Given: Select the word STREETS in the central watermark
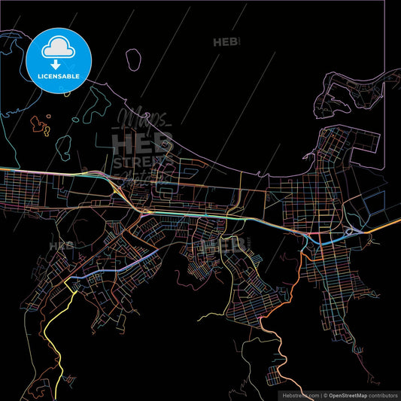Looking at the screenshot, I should pos(143,161).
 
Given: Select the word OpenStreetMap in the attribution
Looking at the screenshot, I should pos(351,395).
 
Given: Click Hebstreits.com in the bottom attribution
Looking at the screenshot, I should pos(300,395).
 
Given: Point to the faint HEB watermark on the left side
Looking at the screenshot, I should pos(60,245).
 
